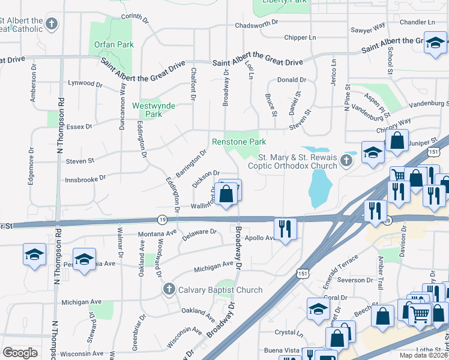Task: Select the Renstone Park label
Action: [239, 142]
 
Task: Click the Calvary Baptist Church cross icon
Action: [169, 289]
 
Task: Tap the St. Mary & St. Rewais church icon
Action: [346, 160]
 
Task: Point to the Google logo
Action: [20, 353]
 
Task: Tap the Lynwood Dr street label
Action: [82, 83]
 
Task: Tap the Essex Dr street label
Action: [80, 127]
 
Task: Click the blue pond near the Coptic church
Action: [319, 187]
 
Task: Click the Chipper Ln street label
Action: [300, 37]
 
